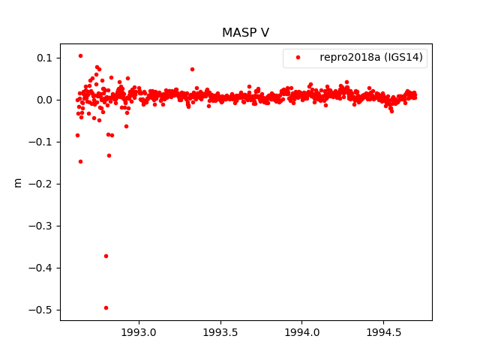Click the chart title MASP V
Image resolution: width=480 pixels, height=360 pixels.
tap(245, 33)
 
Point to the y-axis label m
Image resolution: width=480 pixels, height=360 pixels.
tap(18, 182)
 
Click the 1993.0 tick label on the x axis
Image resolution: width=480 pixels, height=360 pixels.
tap(139, 331)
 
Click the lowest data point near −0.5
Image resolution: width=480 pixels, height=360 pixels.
tap(106, 307)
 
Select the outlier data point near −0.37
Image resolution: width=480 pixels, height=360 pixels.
tap(106, 256)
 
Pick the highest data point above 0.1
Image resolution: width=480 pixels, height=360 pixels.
tap(80, 55)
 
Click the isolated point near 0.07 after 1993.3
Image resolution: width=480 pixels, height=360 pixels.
tap(192, 69)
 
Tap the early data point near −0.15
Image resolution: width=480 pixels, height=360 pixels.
tap(80, 161)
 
